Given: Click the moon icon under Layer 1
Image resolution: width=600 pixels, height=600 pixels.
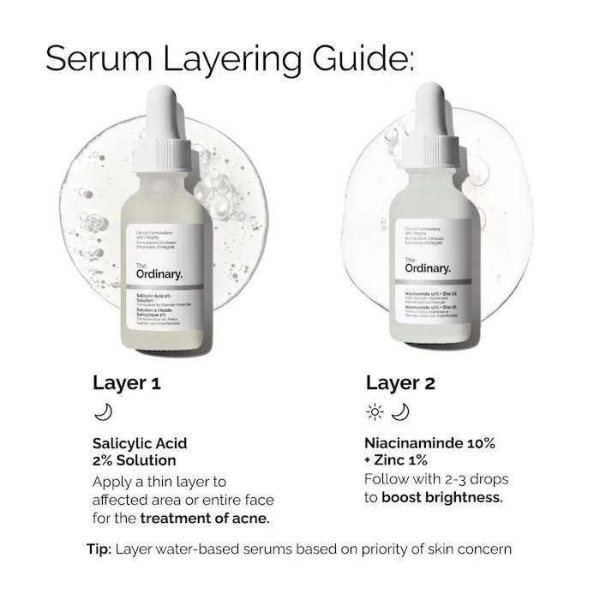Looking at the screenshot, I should tap(103, 413).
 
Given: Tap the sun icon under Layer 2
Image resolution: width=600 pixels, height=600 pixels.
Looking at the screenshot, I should tap(375, 413).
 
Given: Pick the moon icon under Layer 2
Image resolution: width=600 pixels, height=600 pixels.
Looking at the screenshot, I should tap(400, 413).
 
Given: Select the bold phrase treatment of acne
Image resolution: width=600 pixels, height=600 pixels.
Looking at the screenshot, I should tap(205, 519).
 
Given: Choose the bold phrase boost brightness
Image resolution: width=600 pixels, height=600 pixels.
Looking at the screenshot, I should tap(442, 497).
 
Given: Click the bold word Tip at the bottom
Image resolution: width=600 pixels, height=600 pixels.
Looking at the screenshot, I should tap(99, 549).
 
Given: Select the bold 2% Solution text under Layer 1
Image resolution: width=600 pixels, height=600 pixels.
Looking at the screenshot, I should tap(135, 461).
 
